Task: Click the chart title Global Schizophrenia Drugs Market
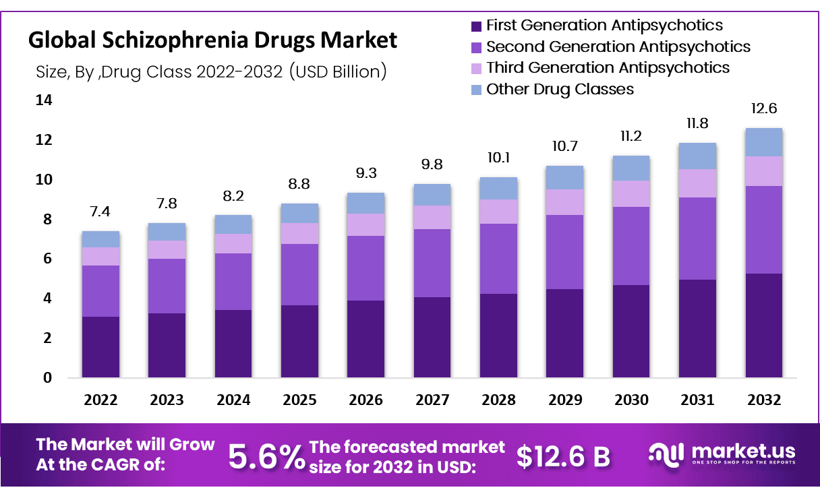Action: (x=212, y=40)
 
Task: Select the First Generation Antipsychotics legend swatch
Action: (x=476, y=26)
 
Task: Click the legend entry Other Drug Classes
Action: (x=560, y=89)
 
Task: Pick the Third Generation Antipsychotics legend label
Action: (x=607, y=67)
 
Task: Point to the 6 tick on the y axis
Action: (x=47, y=259)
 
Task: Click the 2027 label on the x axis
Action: (x=432, y=400)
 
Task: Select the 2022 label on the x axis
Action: (x=100, y=400)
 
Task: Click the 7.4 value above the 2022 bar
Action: (x=100, y=212)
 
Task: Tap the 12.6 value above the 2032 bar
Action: (x=763, y=109)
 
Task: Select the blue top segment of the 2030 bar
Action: (x=631, y=168)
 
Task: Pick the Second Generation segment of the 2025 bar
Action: (x=299, y=274)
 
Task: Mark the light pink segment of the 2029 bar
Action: (x=565, y=202)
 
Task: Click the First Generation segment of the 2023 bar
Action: (x=167, y=345)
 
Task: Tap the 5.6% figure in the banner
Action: (x=266, y=457)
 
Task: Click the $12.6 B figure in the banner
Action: (x=563, y=457)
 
